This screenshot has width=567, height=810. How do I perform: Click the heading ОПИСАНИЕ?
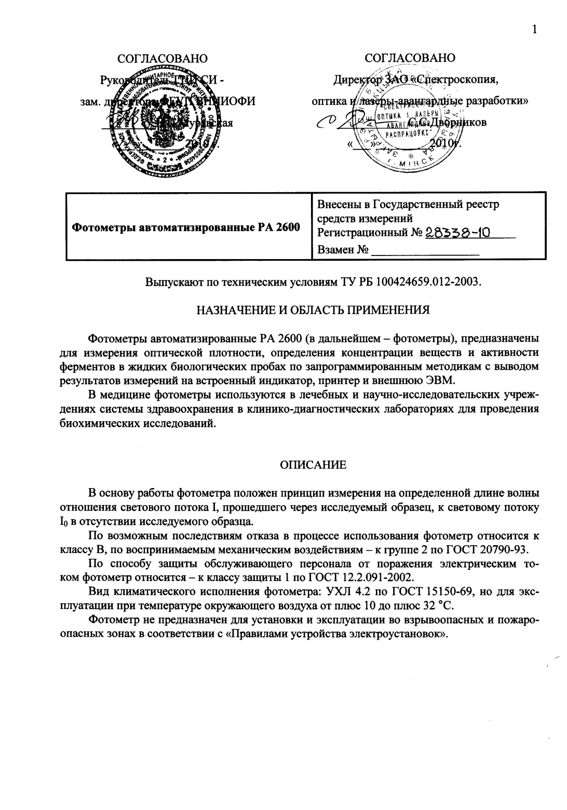313,465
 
